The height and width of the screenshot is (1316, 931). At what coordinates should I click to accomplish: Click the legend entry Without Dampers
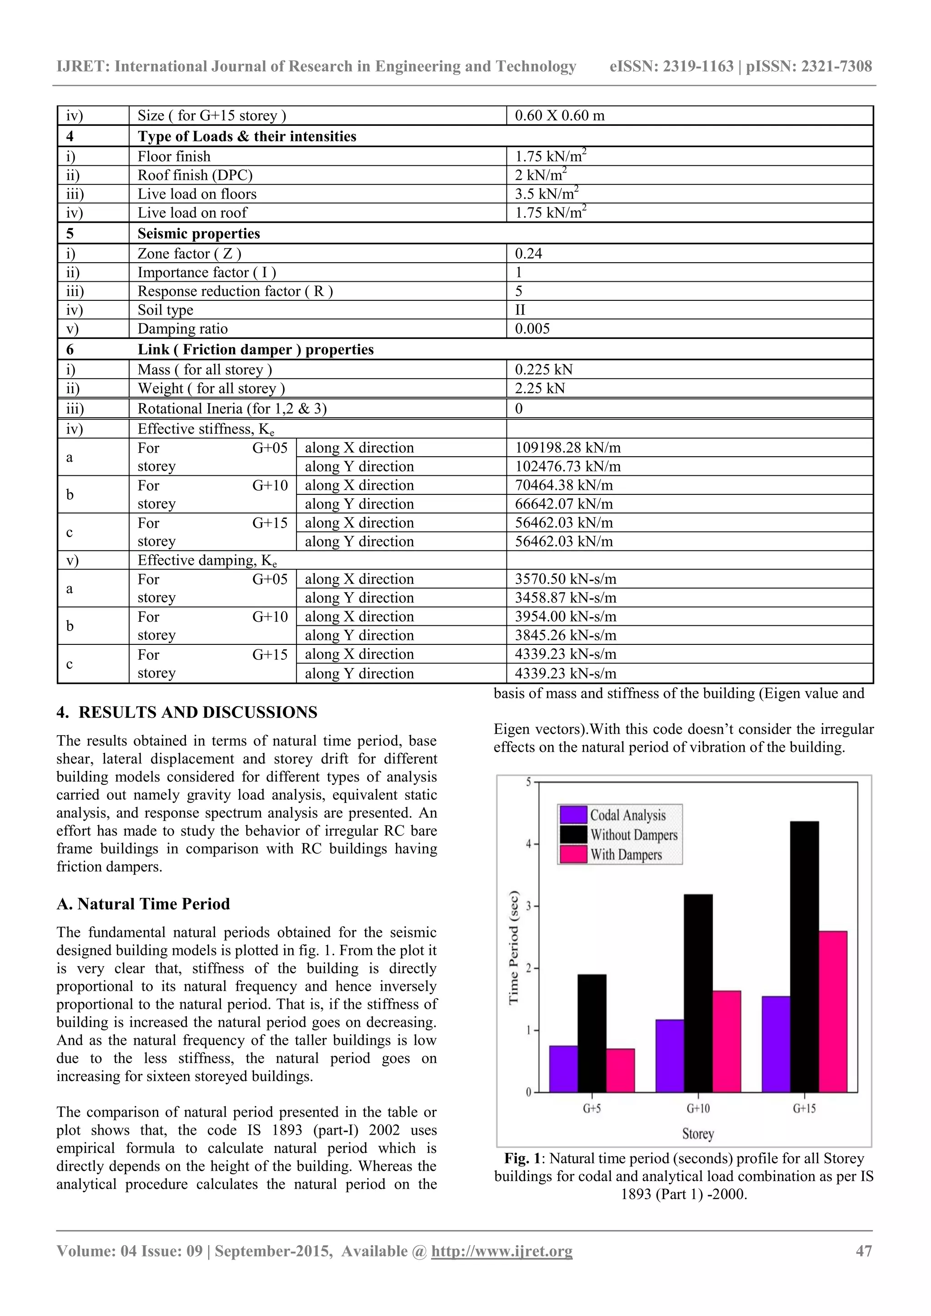[633, 835]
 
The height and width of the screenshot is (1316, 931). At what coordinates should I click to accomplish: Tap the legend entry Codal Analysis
[628, 815]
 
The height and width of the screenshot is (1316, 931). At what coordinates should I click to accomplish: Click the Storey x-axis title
[698, 1134]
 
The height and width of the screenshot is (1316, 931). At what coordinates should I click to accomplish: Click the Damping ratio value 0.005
[532, 329]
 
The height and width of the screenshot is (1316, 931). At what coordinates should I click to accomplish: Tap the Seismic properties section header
[198, 234]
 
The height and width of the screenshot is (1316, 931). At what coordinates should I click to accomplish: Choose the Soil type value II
[520, 310]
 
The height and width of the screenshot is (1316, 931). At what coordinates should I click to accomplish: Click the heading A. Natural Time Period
[143, 904]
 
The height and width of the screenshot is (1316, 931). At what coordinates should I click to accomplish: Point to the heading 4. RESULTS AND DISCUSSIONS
[186, 713]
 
